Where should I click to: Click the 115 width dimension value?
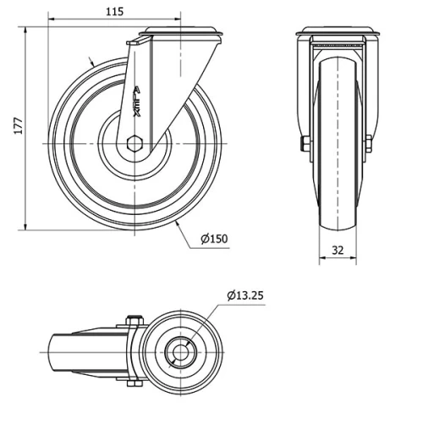(x=115, y=11)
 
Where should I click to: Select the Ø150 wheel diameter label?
(x=215, y=239)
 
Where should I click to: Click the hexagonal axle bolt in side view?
(x=134, y=143)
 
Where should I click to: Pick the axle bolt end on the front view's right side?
(x=369, y=144)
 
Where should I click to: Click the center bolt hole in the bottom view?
(x=179, y=350)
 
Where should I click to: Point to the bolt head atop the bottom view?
(x=131, y=319)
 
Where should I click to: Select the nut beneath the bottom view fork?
(x=132, y=383)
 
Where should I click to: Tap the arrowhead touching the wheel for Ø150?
(x=175, y=225)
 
